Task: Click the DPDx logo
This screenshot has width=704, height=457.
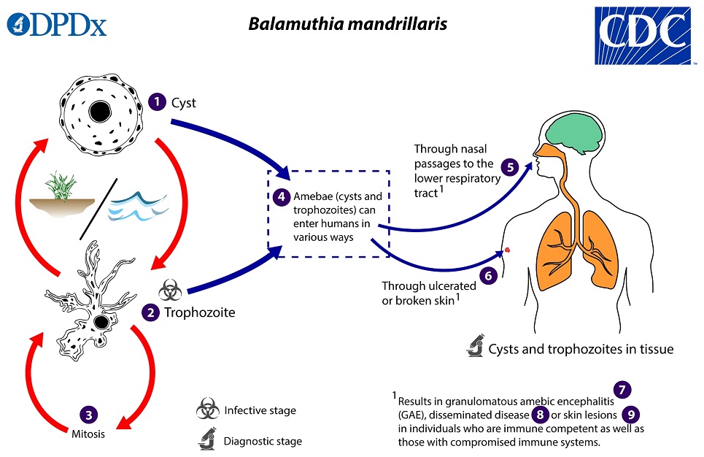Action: pos(56,25)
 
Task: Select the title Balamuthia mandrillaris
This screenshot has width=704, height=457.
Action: pos(348,23)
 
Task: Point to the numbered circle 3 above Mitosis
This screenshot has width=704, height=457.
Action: pos(88,415)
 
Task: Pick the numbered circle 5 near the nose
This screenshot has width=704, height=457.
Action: pos(512,166)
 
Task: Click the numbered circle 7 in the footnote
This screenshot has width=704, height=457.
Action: pos(621,390)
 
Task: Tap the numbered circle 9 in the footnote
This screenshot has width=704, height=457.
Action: pos(632,414)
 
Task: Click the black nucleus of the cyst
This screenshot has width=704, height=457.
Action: pos(99,111)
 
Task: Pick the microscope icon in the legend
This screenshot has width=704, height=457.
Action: pos(206,440)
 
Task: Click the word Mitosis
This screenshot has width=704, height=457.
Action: pos(88,434)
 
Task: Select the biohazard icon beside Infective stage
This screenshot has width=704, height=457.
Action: pos(207,410)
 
